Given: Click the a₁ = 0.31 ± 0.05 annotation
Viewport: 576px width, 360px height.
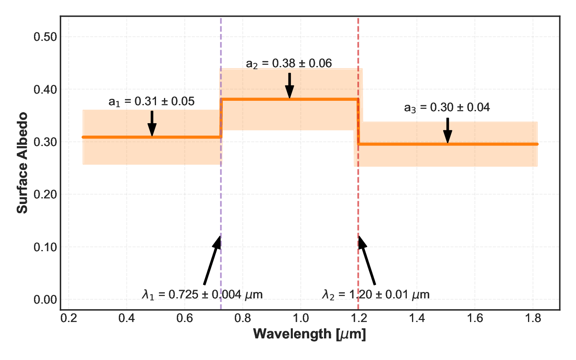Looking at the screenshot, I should [x=152, y=102].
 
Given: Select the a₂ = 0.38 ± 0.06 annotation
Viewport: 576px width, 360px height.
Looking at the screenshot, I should [x=289, y=64].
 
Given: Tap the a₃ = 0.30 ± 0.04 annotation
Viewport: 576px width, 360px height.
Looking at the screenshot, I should [x=447, y=108].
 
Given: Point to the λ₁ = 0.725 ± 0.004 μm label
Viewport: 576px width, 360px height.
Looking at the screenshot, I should [x=202, y=295].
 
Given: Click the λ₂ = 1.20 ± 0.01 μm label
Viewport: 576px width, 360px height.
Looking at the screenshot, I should [x=376, y=295].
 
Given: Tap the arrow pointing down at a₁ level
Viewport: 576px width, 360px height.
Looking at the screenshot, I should [x=152, y=124].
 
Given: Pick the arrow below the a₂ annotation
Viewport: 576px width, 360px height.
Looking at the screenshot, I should [x=289, y=86].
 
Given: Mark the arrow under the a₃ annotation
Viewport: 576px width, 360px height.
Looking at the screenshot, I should [x=448, y=130].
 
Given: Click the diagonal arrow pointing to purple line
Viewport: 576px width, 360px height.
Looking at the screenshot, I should [x=212, y=260].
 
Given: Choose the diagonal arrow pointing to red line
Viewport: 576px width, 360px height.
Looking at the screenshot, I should [x=367, y=260].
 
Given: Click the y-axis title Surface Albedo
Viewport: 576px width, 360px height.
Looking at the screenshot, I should [x=22, y=163].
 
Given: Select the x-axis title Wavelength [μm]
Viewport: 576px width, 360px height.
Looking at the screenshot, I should [x=310, y=334].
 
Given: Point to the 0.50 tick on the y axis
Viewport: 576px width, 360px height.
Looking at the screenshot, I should [x=45, y=37].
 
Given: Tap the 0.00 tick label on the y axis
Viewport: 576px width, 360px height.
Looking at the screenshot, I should [x=45, y=300].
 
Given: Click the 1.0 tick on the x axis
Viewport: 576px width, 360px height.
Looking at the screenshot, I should [x=301, y=318].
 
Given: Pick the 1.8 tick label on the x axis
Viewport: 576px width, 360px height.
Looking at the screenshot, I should [x=533, y=318].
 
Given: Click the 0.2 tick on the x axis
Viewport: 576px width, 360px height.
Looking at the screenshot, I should [x=69, y=318].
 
